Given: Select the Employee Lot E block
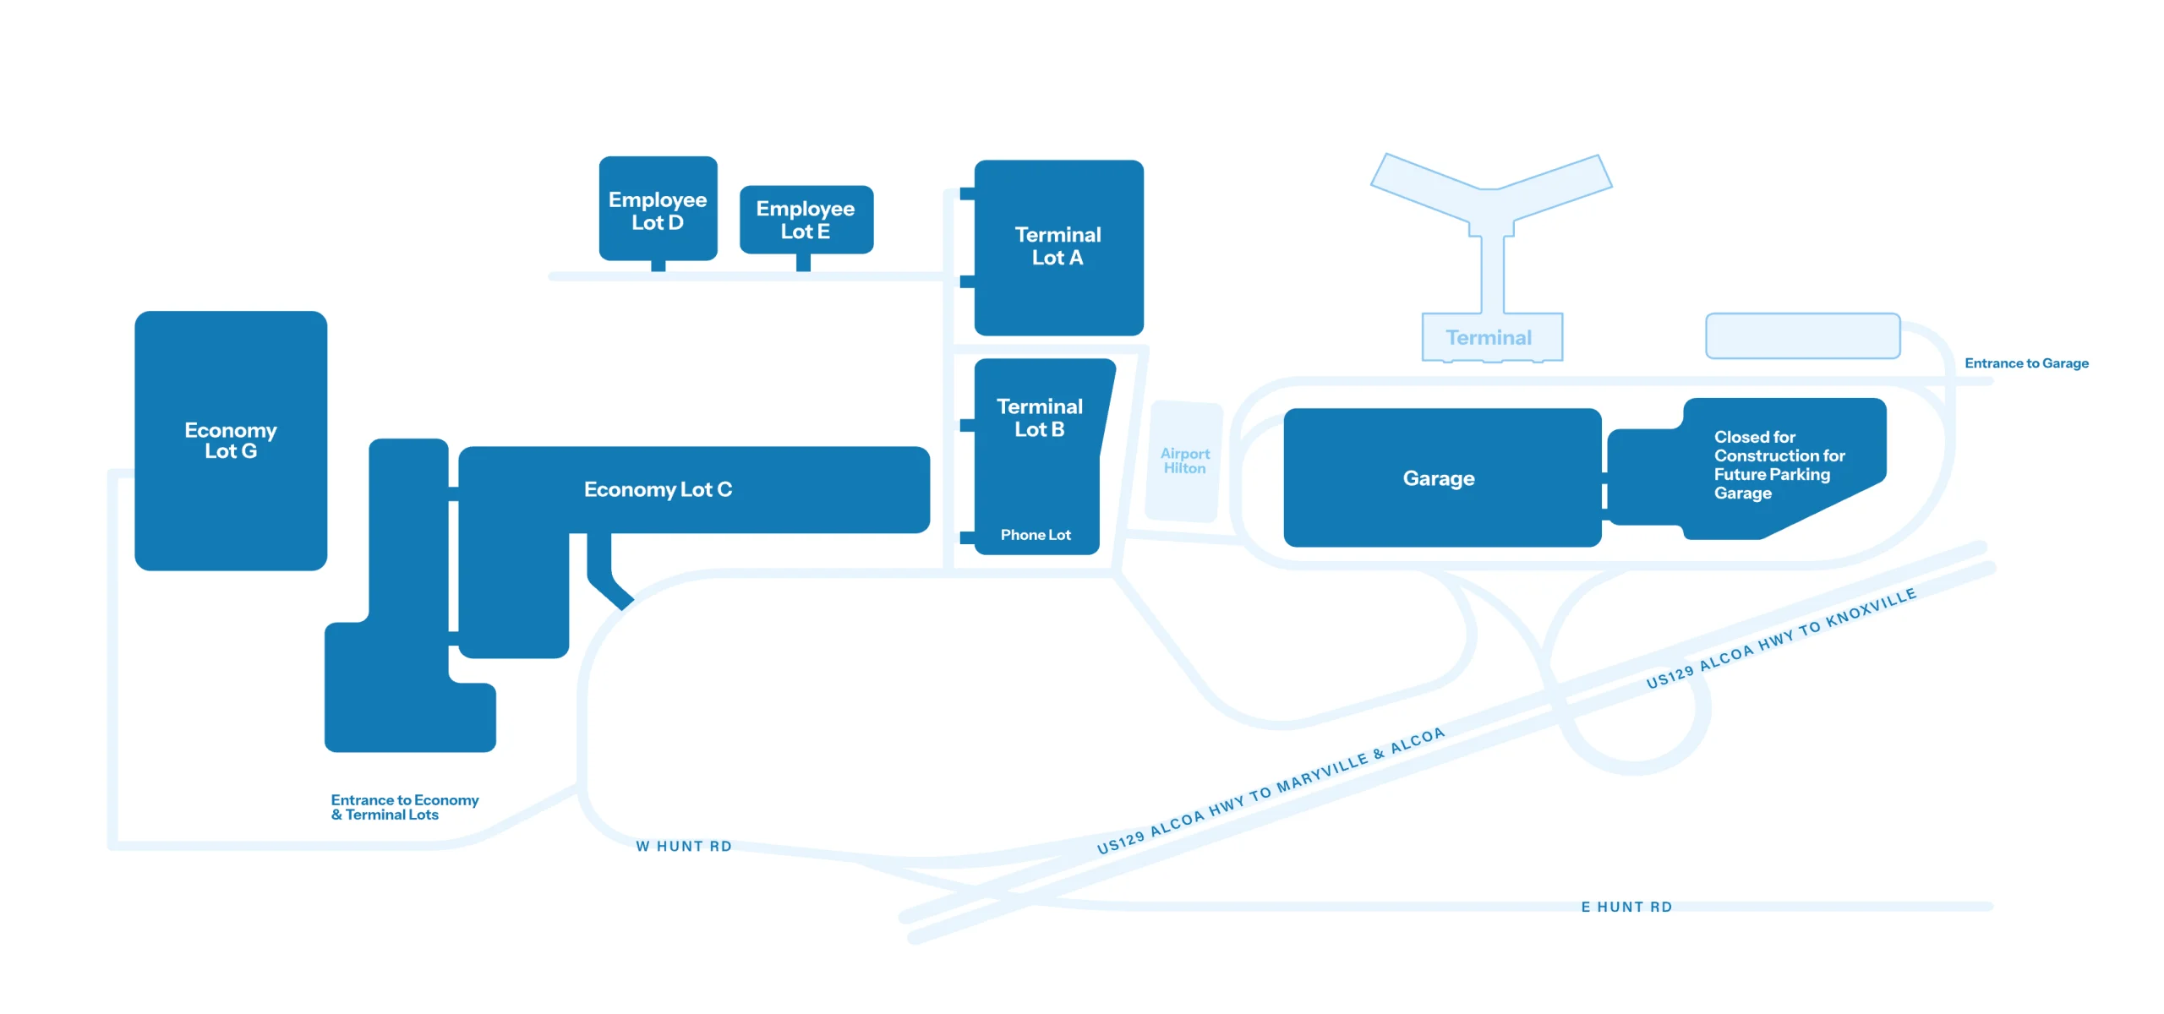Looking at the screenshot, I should tap(806, 220).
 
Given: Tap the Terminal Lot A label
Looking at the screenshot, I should tap(1057, 246).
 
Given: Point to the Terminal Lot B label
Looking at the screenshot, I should tap(1039, 418).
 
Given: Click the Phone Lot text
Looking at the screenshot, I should tap(1036, 535).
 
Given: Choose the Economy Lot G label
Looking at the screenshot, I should tap(231, 440).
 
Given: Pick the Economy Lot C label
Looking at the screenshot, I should tap(658, 489).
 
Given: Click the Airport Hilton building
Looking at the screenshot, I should tap(1184, 461).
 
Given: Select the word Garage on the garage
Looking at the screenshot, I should tap(1439, 478).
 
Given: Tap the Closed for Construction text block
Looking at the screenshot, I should tap(1778, 465).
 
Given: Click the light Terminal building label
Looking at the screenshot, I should tap(1489, 338).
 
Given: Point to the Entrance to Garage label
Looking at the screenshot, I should tap(2026, 363).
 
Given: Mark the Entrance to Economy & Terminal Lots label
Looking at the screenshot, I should tap(404, 807).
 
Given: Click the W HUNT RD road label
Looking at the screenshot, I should tap(683, 846).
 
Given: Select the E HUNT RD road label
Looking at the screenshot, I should tap(1626, 907).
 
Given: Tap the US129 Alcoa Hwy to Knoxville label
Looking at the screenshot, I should tap(1780, 639).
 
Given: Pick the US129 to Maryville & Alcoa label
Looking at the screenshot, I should tap(1270, 791).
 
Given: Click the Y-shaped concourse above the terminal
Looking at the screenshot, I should tap(1491, 203).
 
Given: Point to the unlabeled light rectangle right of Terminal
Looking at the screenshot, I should tap(1802, 335).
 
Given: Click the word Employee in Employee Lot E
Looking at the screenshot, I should tap(806, 209).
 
